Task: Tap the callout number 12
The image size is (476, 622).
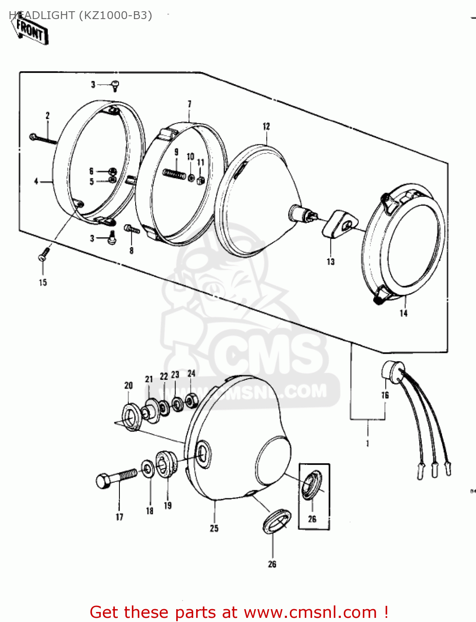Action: tap(266, 126)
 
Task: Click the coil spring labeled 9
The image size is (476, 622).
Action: tap(175, 174)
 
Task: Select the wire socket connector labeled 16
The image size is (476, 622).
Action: tap(392, 370)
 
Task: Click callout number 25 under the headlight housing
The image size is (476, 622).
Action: tap(214, 528)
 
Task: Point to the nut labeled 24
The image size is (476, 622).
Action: tap(192, 400)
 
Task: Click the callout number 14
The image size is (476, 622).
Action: tap(403, 313)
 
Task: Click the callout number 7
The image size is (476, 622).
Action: tap(189, 104)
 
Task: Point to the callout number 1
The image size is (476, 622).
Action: tap(367, 444)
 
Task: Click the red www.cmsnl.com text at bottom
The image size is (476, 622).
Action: tap(310, 612)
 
